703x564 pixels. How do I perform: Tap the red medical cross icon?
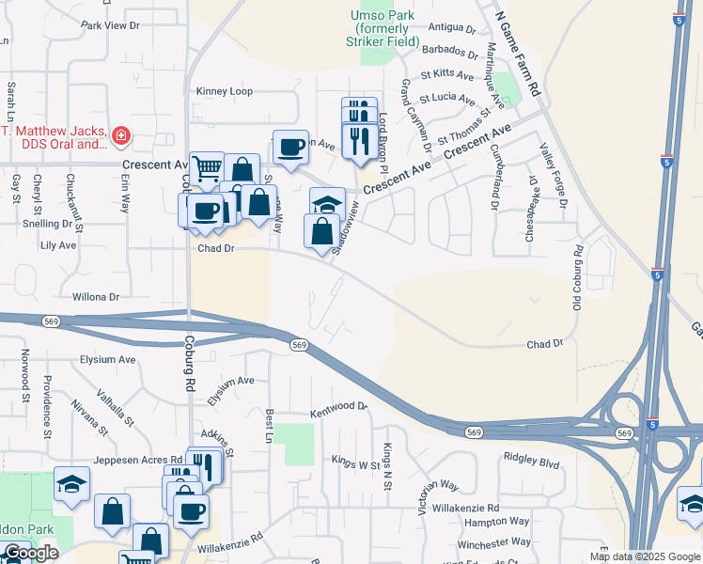[119, 137]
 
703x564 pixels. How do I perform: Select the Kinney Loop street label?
[224, 91]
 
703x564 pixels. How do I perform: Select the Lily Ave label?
[58, 245]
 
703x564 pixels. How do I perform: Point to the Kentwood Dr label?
[338, 406]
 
